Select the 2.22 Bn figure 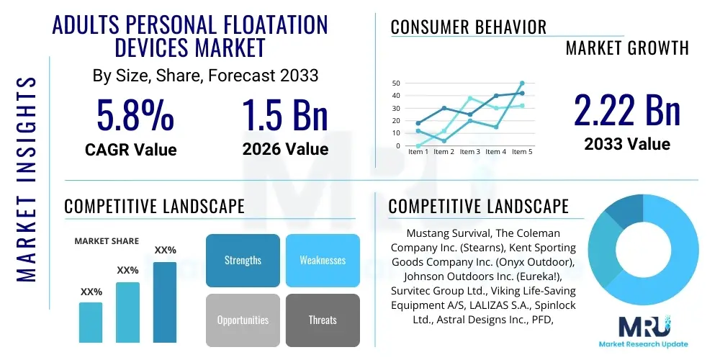(x=626, y=110)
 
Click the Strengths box (x=243, y=260)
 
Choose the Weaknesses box (x=323, y=260)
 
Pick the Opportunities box (x=243, y=320)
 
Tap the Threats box (x=323, y=320)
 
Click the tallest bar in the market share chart (x=165, y=302)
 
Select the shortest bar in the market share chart (x=91, y=322)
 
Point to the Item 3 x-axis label (x=469, y=152)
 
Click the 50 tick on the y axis (x=395, y=84)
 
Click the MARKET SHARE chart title (x=107, y=241)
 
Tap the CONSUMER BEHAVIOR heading (x=469, y=28)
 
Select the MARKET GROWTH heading (x=627, y=48)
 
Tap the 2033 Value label (x=627, y=144)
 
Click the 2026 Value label (x=285, y=149)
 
